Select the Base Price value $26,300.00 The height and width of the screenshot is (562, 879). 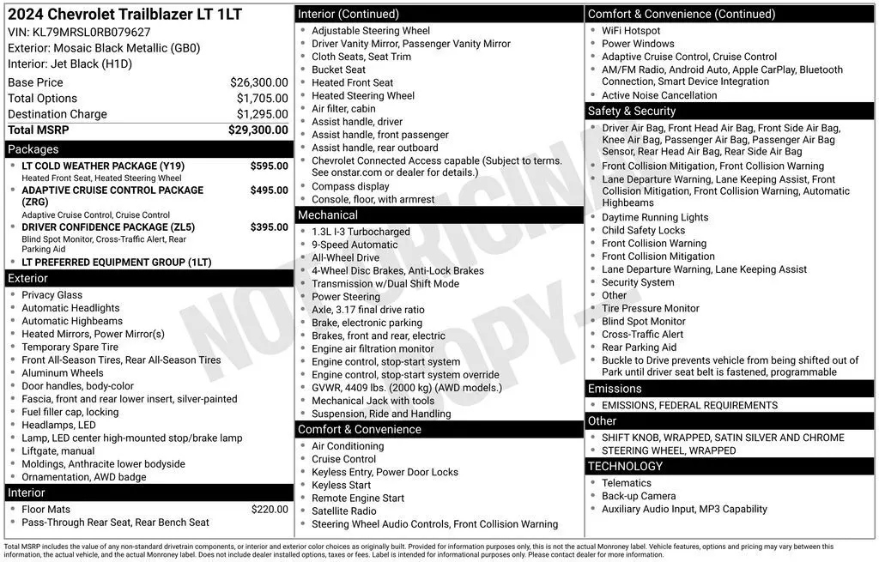click(x=258, y=82)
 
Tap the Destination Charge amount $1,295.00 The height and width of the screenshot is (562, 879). click(x=262, y=114)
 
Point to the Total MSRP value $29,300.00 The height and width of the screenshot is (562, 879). click(x=258, y=130)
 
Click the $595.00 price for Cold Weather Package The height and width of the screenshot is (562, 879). click(x=269, y=166)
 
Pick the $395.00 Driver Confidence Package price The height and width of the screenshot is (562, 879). click(x=269, y=227)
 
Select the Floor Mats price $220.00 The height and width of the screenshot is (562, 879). click(x=270, y=509)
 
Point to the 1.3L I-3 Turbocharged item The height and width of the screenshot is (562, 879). click(x=361, y=232)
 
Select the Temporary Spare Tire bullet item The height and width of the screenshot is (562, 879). click(x=70, y=347)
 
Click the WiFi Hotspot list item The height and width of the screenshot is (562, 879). click(x=631, y=31)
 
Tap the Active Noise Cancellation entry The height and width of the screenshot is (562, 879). click(x=659, y=95)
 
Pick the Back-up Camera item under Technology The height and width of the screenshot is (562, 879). click(x=639, y=496)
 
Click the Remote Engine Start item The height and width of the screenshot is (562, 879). click(x=357, y=498)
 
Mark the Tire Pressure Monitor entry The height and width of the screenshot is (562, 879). click(x=650, y=308)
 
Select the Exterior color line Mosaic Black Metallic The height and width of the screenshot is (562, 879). click(x=104, y=48)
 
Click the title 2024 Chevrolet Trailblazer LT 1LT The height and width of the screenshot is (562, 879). click(x=125, y=15)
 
